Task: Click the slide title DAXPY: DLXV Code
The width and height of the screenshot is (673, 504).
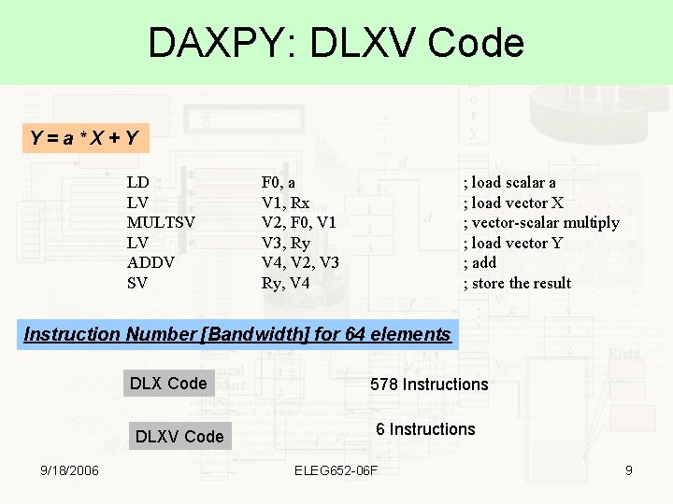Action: (x=336, y=43)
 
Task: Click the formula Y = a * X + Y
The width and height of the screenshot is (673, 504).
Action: (x=84, y=139)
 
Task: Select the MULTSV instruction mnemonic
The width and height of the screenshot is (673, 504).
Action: (x=160, y=222)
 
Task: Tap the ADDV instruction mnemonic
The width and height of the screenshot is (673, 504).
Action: (x=150, y=262)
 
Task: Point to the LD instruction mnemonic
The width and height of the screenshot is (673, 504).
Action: (x=138, y=182)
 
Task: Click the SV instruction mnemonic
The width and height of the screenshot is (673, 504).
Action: (x=137, y=283)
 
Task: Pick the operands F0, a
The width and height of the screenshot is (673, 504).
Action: (x=279, y=182)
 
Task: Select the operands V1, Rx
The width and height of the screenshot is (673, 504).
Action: (x=285, y=203)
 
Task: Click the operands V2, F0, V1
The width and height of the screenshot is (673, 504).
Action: (x=298, y=222)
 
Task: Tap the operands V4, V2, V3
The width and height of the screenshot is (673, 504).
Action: (x=299, y=262)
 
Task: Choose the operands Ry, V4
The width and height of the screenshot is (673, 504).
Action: (x=285, y=283)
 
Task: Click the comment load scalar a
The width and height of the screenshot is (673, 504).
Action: (x=510, y=182)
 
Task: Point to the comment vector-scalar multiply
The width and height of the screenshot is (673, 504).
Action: (x=541, y=222)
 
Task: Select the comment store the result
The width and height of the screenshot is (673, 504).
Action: (x=517, y=283)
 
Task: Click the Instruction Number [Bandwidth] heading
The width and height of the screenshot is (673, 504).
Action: (x=237, y=334)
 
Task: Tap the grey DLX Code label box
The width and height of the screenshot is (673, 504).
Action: (x=168, y=384)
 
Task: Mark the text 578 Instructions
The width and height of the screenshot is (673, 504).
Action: (x=429, y=384)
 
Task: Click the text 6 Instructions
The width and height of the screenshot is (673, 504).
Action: (x=425, y=429)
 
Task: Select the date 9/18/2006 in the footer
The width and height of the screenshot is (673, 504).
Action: (x=65, y=470)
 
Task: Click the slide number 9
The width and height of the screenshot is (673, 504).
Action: (x=629, y=470)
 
